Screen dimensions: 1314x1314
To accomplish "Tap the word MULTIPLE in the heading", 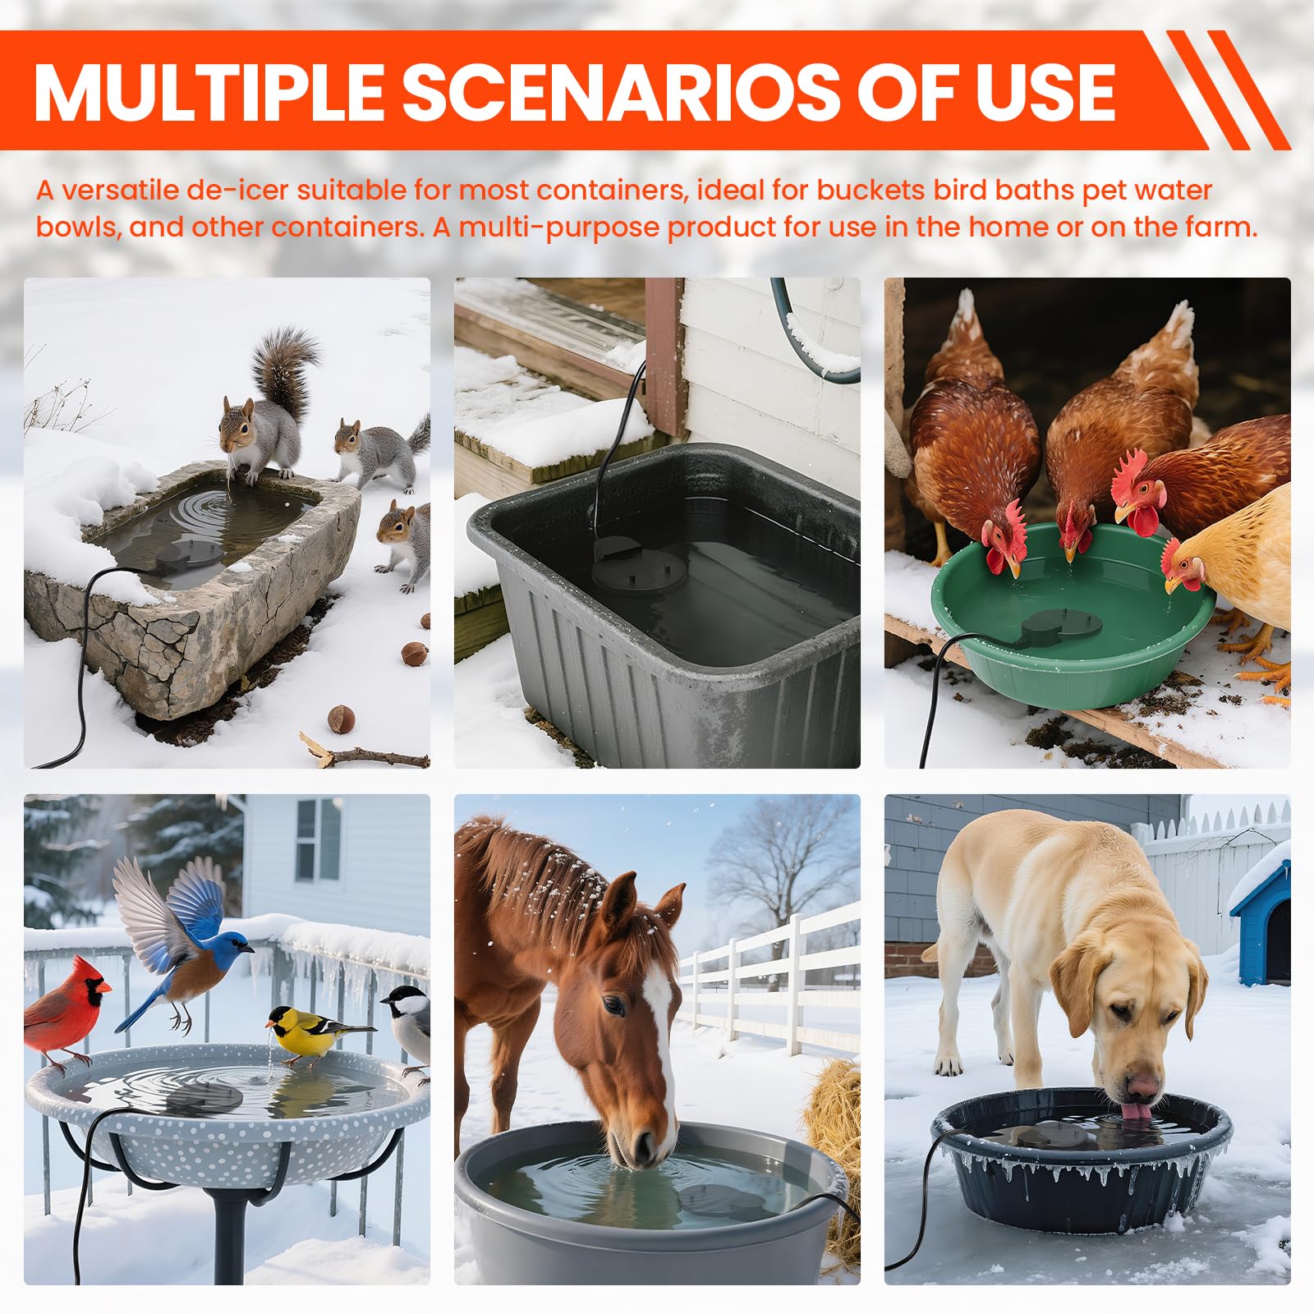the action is click(209, 91).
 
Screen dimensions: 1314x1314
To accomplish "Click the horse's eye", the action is click(613, 1005).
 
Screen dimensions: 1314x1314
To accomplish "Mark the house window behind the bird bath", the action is click(318, 839).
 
